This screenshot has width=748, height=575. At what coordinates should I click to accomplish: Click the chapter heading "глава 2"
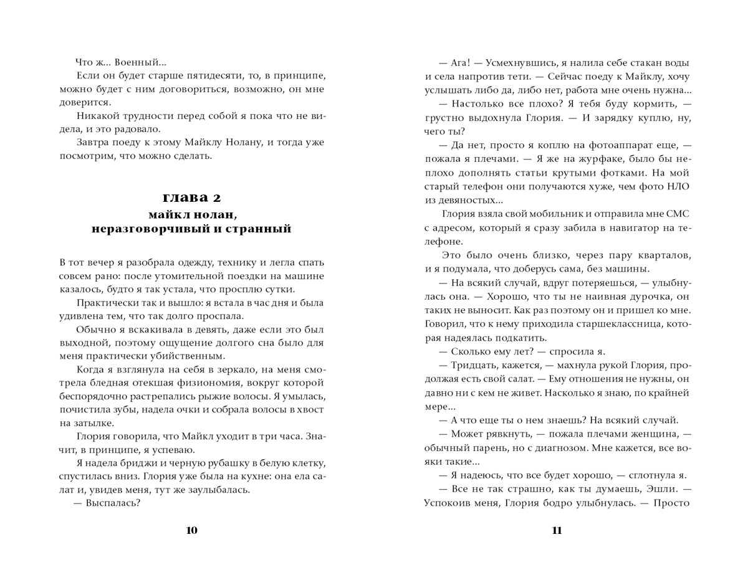[192, 198]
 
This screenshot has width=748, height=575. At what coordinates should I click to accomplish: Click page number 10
[192, 530]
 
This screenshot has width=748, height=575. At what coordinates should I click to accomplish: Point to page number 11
[557, 530]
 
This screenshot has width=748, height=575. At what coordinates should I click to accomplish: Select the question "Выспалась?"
[118, 503]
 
